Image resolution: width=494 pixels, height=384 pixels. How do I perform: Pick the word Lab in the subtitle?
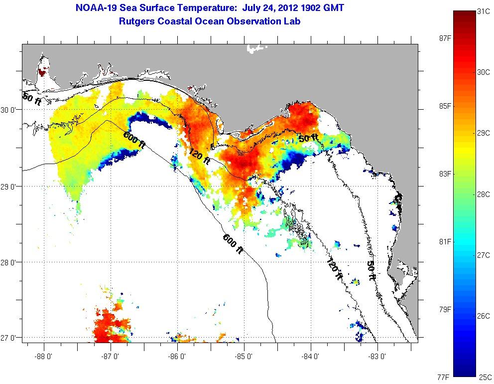(x=292, y=21)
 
